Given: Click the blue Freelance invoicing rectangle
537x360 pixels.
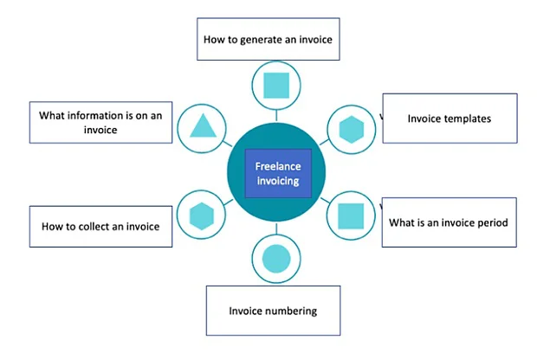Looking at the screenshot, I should tap(277, 174).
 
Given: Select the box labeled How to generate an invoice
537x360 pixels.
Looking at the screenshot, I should tap(268, 40).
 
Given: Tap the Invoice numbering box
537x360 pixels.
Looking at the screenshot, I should tap(273, 311).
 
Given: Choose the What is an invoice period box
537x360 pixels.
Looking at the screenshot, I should tap(448, 222).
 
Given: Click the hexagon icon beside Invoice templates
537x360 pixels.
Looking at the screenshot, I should tap(351, 129).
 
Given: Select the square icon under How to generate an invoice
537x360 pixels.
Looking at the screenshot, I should tap(275, 85).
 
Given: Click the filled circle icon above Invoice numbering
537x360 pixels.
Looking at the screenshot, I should tap(275, 258).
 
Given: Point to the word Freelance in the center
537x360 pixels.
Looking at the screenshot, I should tap(277, 166).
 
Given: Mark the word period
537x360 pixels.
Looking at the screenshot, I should tap(489, 222).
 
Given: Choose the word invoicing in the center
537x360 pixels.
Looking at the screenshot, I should tap(277, 182).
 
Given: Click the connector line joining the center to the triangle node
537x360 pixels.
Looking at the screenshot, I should tap(224, 143).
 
